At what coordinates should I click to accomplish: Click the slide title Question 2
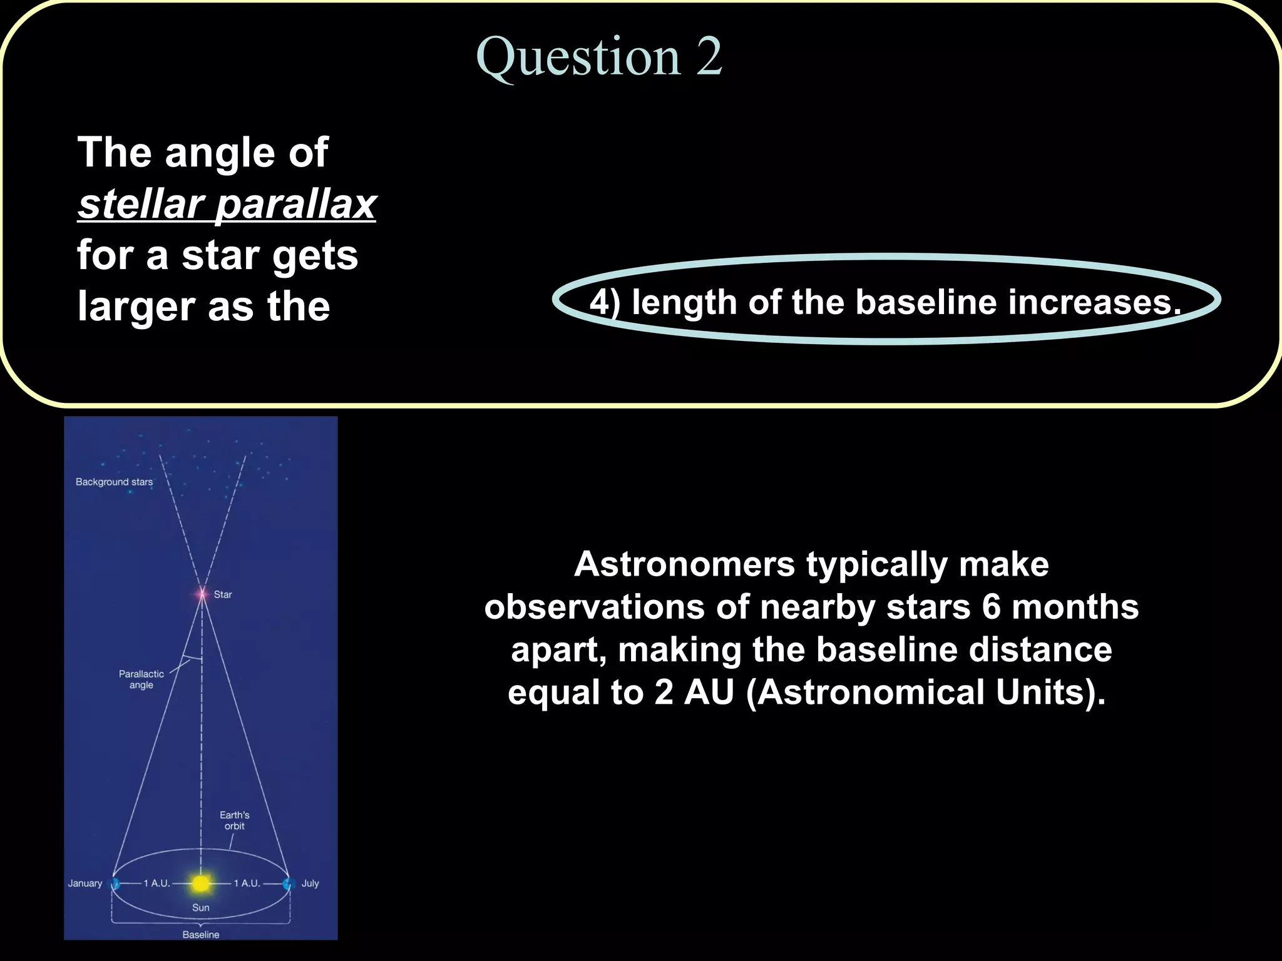tap(599, 56)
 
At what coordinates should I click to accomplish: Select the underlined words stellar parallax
tap(227, 204)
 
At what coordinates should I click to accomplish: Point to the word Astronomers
tap(684, 564)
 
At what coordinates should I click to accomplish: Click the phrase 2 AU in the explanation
tap(694, 693)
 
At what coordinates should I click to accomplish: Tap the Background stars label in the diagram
tap(114, 482)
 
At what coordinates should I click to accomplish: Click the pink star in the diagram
tap(202, 594)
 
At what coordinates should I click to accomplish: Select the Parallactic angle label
tap(141, 679)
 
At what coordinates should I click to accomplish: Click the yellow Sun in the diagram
tap(200, 883)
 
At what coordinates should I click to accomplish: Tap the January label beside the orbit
tap(85, 883)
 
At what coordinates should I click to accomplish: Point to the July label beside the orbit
tap(310, 883)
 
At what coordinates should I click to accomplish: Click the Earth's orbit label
tap(235, 820)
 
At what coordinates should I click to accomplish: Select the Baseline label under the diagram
tap(201, 935)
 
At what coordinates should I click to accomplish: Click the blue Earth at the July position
tap(289, 883)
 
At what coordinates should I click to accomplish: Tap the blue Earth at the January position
tap(115, 883)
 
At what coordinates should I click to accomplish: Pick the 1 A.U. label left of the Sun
tap(156, 883)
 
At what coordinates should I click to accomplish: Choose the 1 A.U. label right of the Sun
tap(247, 883)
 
